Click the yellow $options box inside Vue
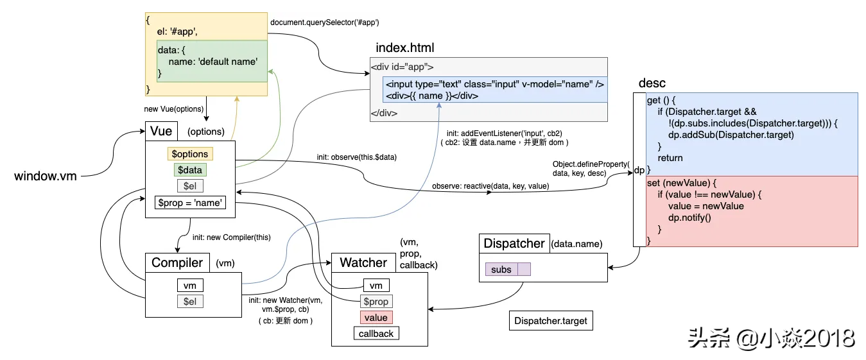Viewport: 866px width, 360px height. (x=190, y=154)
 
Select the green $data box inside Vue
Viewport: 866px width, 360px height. (x=190, y=170)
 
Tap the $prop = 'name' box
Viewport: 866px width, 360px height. (x=189, y=203)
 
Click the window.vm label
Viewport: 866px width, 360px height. (x=46, y=175)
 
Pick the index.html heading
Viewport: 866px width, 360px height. (x=405, y=48)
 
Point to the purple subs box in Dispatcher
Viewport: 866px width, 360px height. (x=501, y=270)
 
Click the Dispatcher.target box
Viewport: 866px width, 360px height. (x=551, y=321)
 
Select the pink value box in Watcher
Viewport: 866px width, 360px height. (x=376, y=318)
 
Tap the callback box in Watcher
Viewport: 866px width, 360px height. (x=376, y=334)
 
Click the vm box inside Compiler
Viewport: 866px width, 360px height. (x=190, y=286)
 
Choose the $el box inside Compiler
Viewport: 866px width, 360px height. (x=190, y=302)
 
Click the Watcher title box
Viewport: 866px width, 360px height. (x=363, y=262)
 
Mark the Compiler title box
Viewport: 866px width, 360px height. (x=177, y=262)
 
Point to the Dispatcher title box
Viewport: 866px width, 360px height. (x=514, y=243)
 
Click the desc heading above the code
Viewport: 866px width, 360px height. (x=652, y=83)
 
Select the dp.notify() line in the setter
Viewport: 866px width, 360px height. (x=689, y=218)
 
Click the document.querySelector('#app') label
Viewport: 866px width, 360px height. (x=325, y=22)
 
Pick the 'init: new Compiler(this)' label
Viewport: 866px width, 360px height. (x=232, y=237)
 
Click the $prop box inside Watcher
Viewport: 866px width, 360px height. (x=376, y=302)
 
